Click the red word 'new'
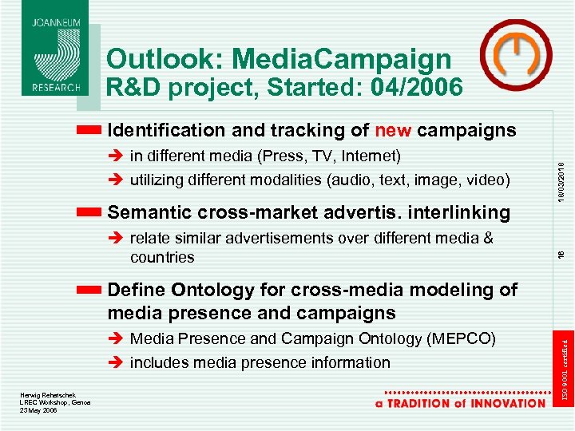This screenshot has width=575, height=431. (393, 129)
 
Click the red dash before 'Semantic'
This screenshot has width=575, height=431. (89, 212)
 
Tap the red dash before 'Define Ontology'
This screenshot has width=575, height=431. (89, 290)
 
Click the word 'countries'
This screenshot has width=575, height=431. (161, 257)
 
